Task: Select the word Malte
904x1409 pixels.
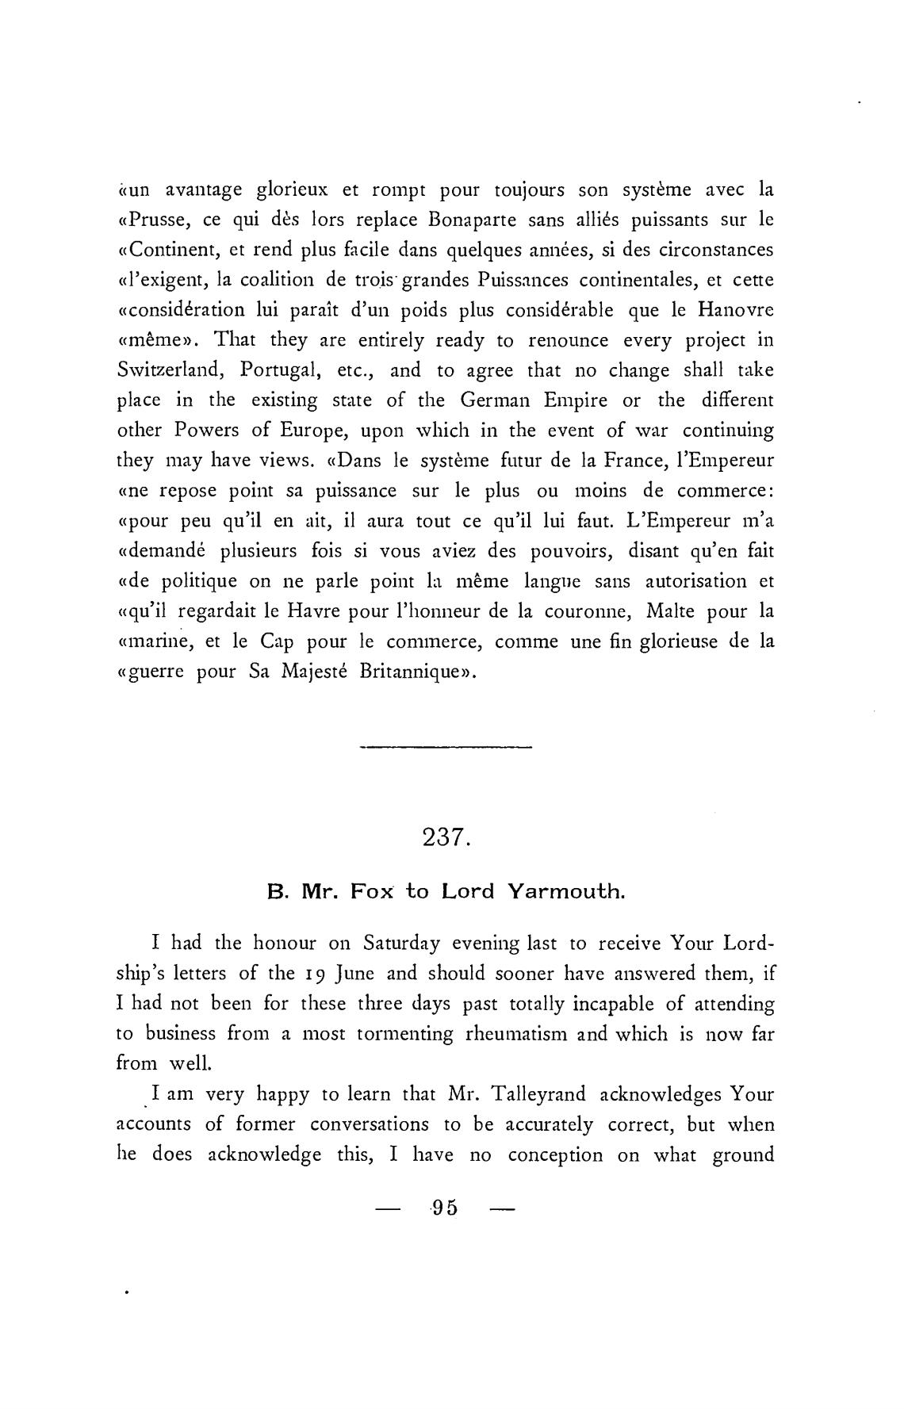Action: pos(676,611)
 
